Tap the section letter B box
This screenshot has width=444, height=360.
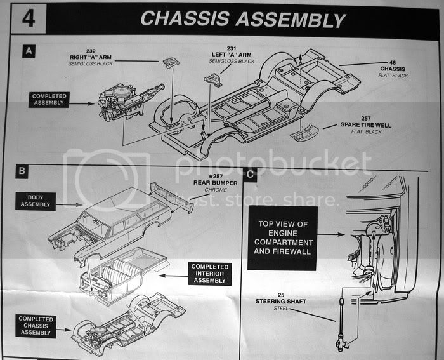pyautogui.click(x=22, y=171)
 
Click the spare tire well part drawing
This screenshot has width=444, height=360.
pyautogui.click(x=304, y=134)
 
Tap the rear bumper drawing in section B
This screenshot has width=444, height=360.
pyautogui.click(x=170, y=197)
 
